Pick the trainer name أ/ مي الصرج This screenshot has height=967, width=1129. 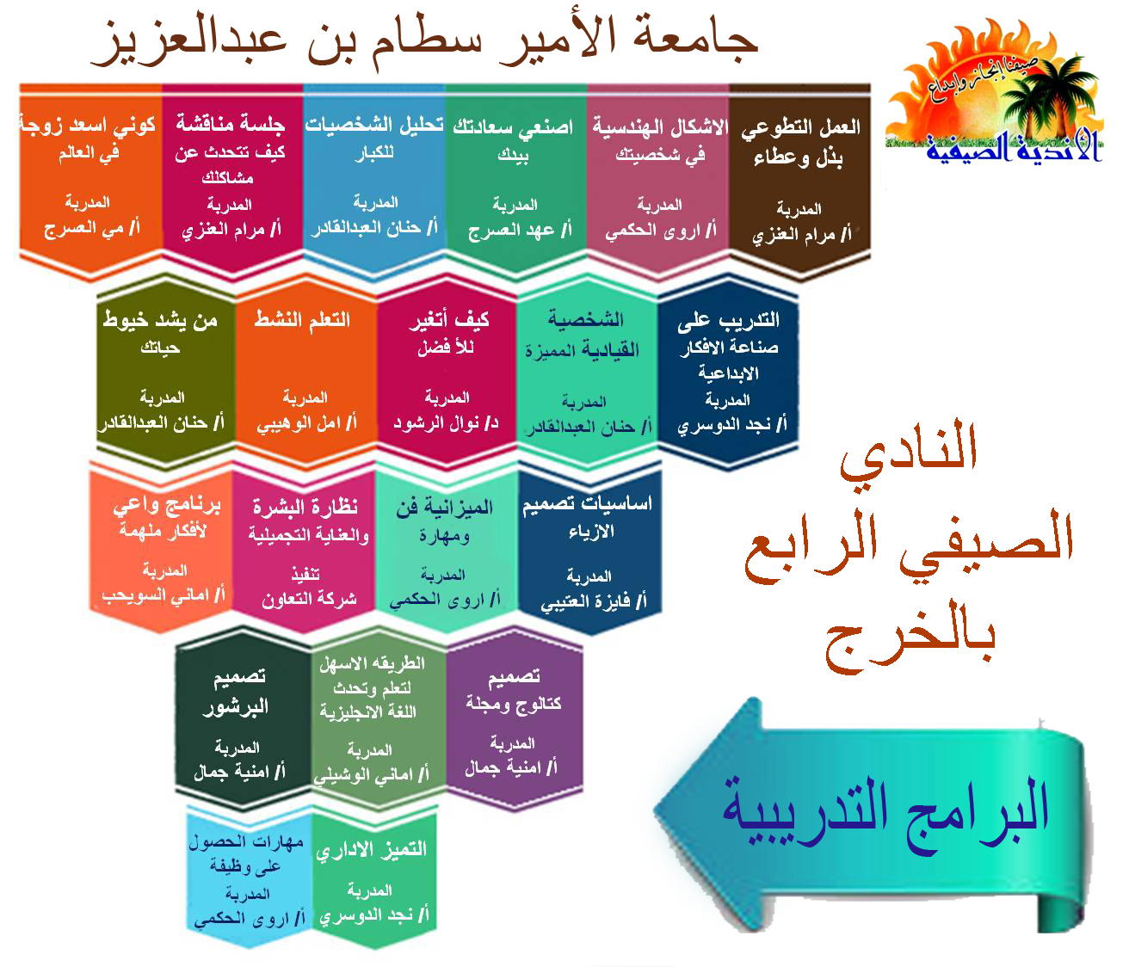coord(92,228)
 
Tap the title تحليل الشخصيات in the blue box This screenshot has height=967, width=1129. coord(374,125)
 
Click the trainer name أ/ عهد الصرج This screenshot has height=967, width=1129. coord(520,231)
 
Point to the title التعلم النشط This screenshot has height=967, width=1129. coord(302,320)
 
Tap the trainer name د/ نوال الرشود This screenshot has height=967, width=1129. coord(446,423)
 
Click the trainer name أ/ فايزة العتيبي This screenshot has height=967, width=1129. coord(594,601)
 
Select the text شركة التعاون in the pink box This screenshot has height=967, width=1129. coord(309,600)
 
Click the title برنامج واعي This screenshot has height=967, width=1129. coord(167,506)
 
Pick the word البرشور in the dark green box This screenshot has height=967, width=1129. coord(236,708)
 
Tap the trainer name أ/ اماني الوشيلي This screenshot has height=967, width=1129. coord(371,776)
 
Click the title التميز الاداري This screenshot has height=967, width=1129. coord(372,850)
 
